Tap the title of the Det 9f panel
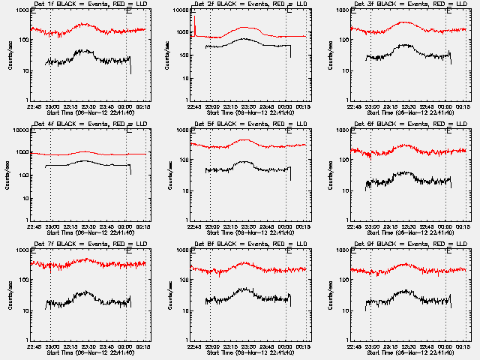pos(403,244)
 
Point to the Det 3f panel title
pos(403,4)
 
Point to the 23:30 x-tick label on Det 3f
pos(408,106)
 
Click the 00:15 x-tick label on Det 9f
pos(463,346)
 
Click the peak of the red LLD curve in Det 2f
pos(246,28)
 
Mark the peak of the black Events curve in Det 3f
pos(406,45)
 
